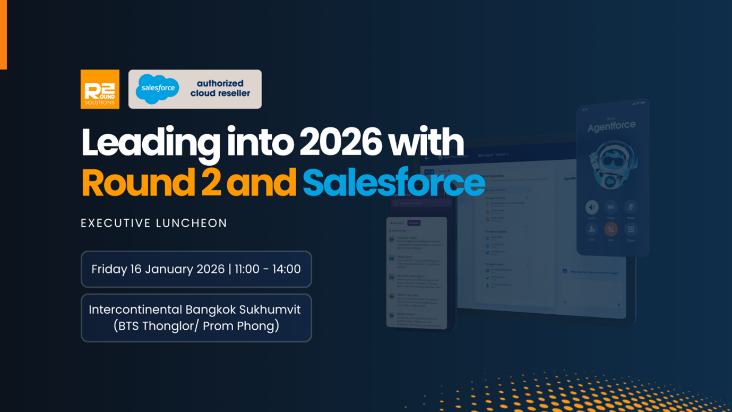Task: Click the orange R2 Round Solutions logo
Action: pos(100,89)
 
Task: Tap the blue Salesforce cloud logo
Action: pos(157,89)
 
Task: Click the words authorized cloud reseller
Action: pos(220,89)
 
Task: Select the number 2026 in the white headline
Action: pos(340,142)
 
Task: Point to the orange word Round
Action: pos(138,183)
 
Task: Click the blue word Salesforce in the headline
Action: pos(393,183)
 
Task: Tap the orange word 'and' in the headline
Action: pos(261,183)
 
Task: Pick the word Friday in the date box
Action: pos(109,269)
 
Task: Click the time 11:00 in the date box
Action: pos(246,269)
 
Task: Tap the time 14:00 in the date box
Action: pos(287,269)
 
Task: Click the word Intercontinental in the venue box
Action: pos(135,310)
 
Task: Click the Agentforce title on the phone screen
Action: pos(611,126)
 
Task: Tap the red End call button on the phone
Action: pos(611,229)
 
